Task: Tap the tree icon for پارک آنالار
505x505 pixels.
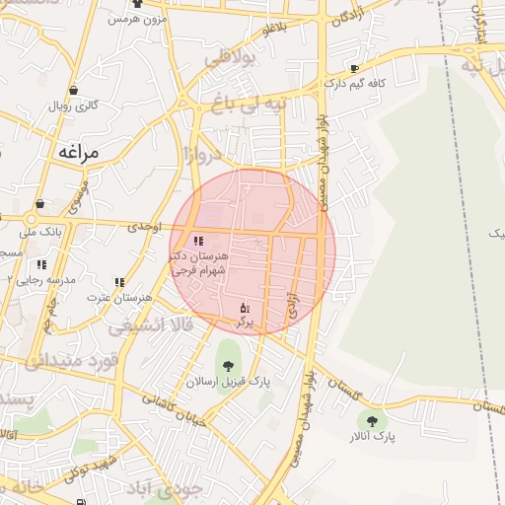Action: [x=371, y=420]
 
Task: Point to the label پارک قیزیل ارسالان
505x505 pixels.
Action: [x=228, y=381]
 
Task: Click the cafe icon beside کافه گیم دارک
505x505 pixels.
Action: [x=355, y=69]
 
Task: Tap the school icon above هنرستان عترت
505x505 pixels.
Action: [x=119, y=282]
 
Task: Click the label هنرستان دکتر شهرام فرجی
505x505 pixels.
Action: [x=199, y=261]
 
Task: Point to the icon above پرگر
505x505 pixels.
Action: [x=245, y=308]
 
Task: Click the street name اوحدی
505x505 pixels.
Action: [x=144, y=227]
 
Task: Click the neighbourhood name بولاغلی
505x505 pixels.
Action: [x=229, y=60]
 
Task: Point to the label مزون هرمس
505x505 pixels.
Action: [x=135, y=19]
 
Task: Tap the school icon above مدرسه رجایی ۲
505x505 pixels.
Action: [x=41, y=264]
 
